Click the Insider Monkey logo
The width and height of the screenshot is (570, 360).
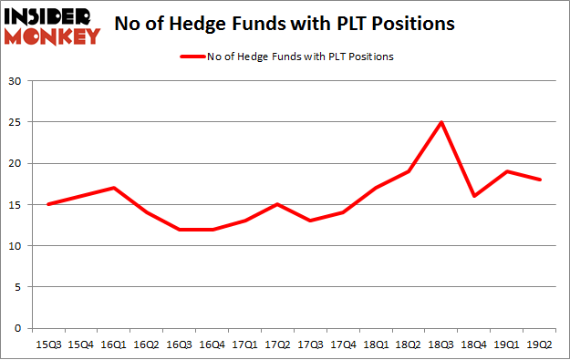coord(53,26)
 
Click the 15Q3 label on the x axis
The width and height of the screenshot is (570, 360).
coord(47,344)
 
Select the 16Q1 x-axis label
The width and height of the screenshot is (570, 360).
coord(111,344)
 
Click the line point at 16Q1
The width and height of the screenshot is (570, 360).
coord(111,188)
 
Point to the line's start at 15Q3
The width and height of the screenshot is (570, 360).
coord(47,204)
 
